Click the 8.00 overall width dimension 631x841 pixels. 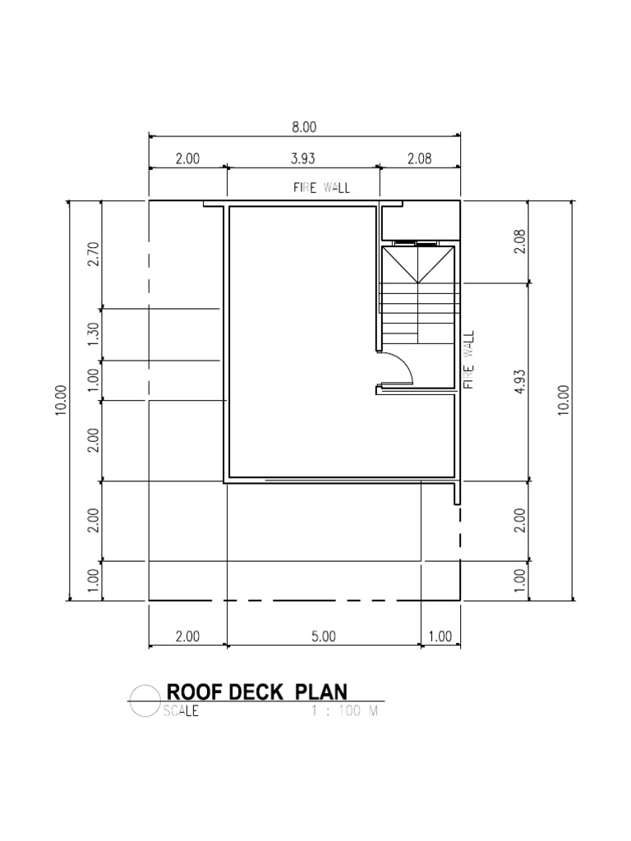tap(304, 127)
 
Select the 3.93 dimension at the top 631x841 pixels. tap(302, 159)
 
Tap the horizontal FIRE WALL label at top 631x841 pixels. tap(321, 188)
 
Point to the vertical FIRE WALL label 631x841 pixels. tap(470, 361)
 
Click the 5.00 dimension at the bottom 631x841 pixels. tap(323, 636)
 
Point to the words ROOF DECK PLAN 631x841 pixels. tap(256, 692)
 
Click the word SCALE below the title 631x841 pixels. tap(181, 712)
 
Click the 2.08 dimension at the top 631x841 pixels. tap(419, 159)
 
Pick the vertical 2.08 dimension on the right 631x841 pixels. tap(519, 241)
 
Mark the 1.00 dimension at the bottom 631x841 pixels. tap(440, 636)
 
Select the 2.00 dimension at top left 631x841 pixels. tap(187, 159)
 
